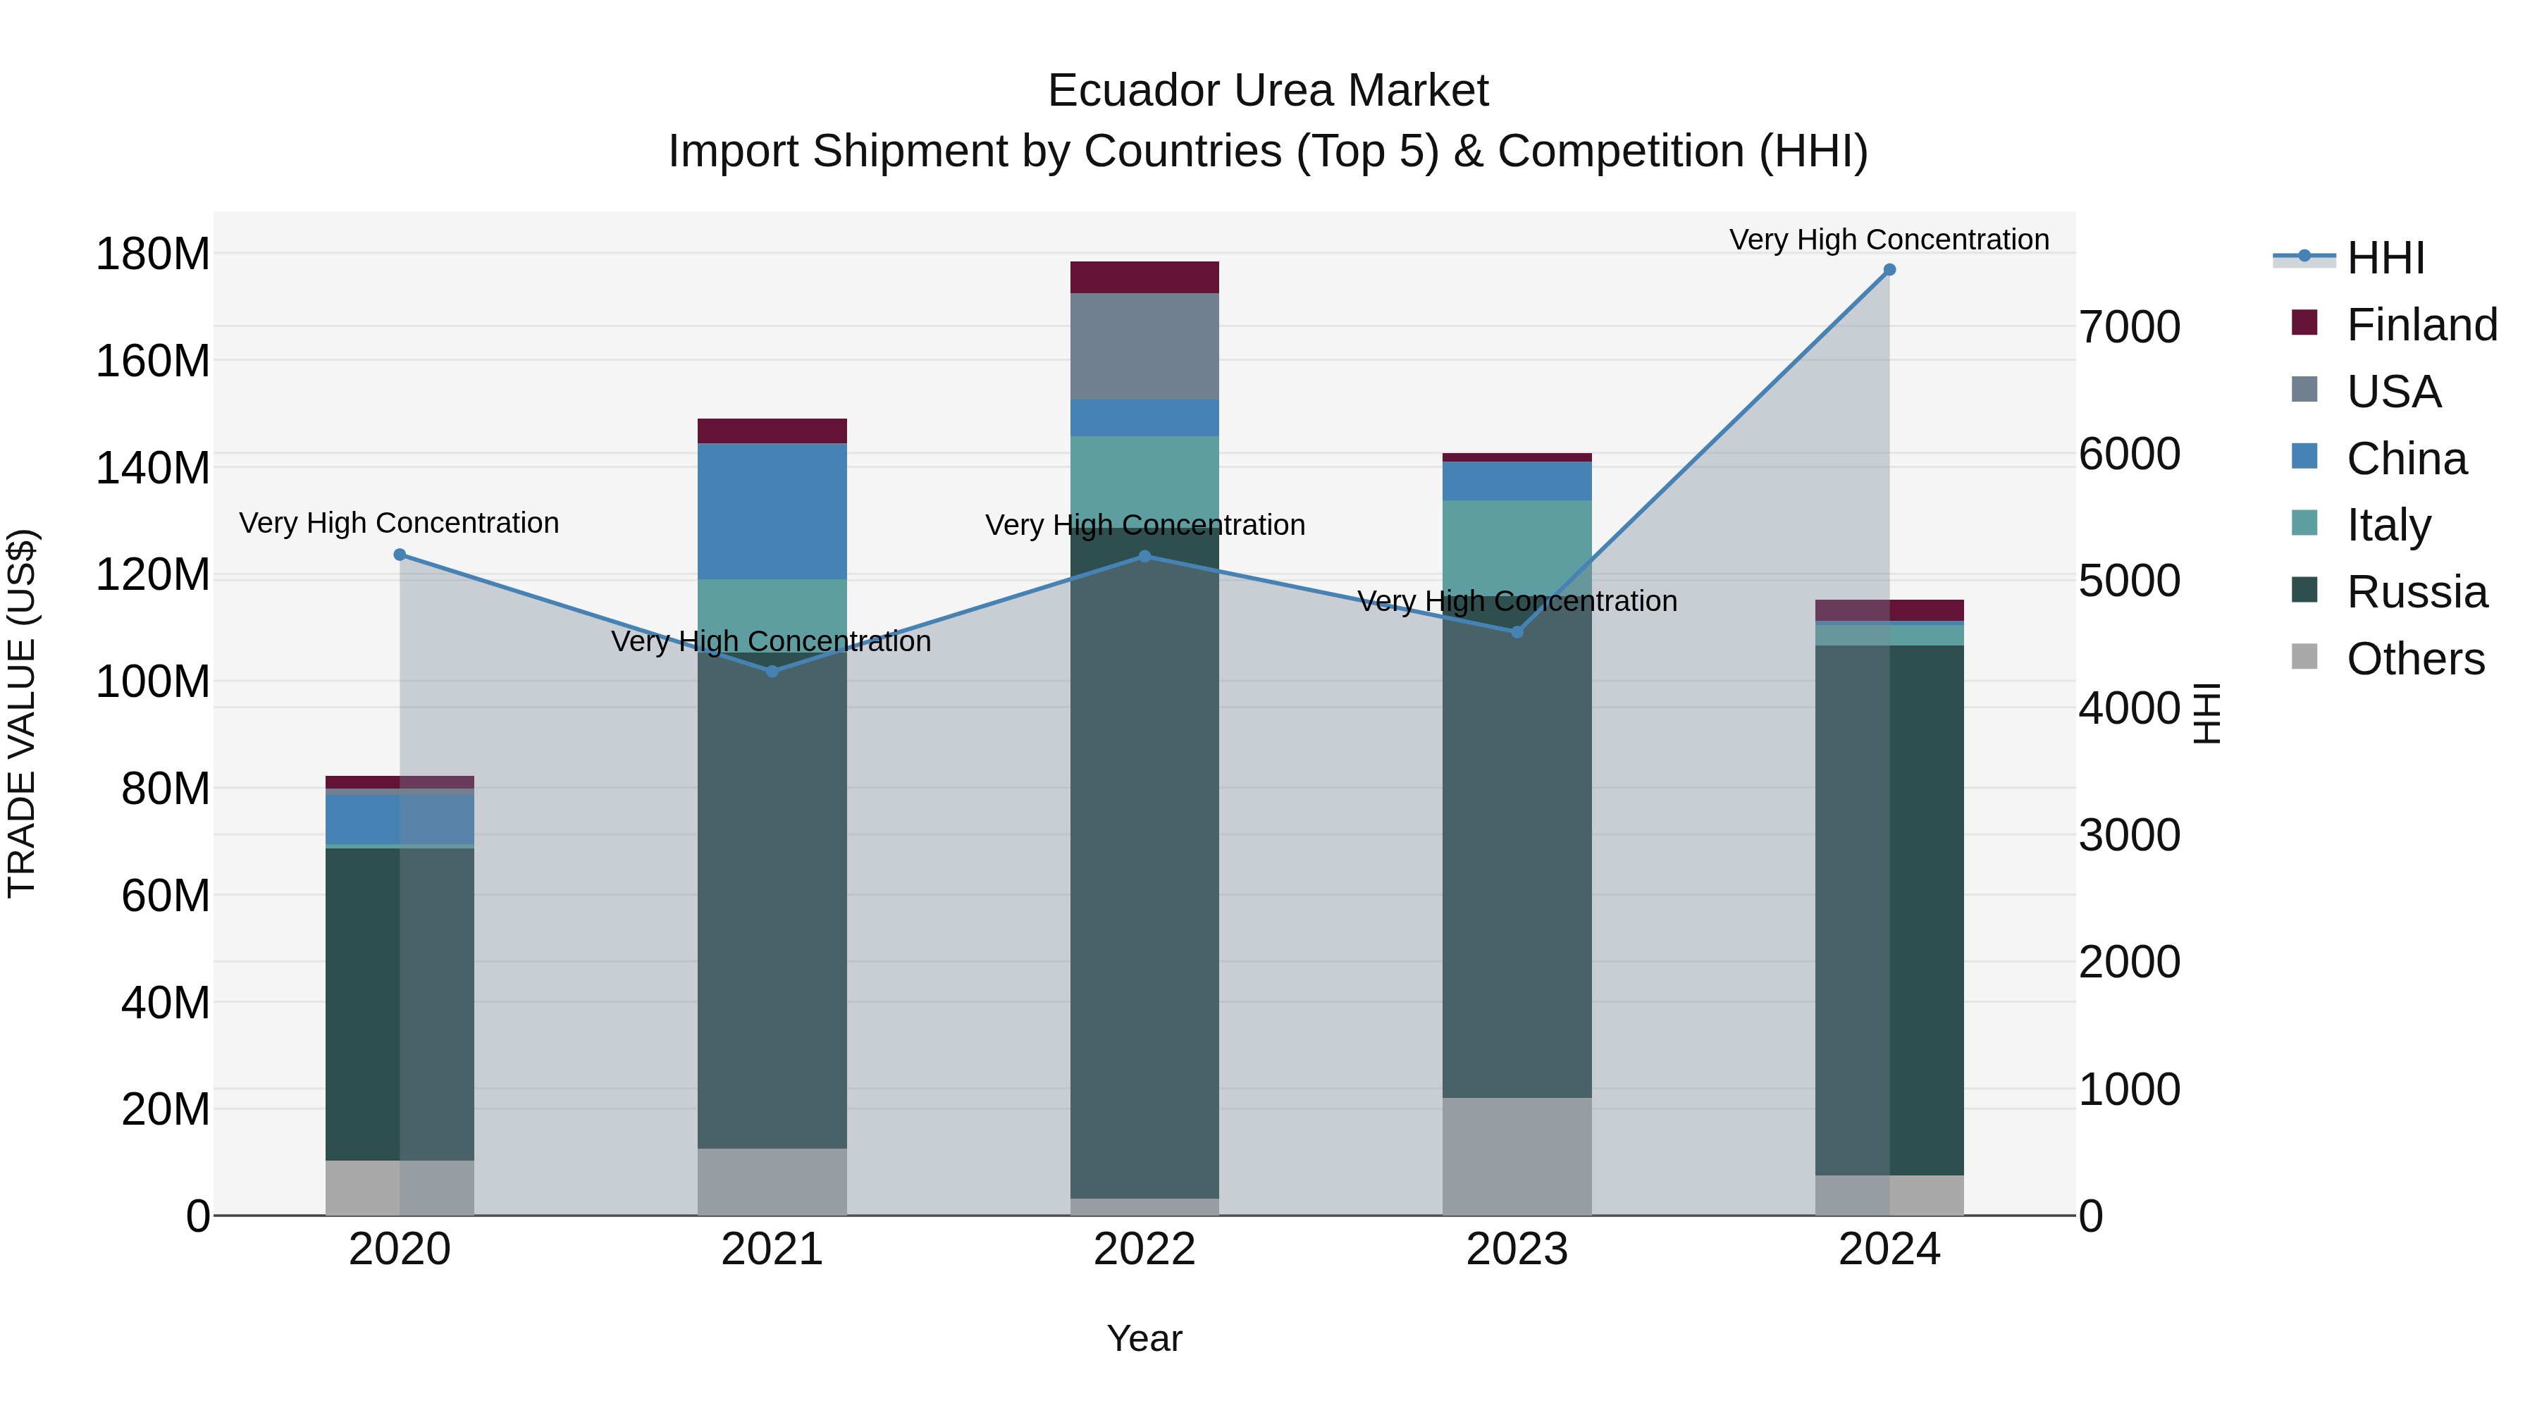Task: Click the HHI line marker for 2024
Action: [x=1889, y=270]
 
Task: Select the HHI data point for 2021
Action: [x=772, y=672]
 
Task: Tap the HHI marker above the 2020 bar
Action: [x=400, y=555]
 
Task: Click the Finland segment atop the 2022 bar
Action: [x=1144, y=277]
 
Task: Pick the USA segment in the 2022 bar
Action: [x=1144, y=346]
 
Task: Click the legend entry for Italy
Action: [x=2388, y=525]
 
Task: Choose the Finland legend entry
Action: [x=2421, y=324]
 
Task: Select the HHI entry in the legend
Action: [x=2384, y=258]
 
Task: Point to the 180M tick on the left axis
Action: [x=153, y=254]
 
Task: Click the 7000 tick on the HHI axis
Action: [x=2129, y=327]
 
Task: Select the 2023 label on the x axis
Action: [x=1517, y=1249]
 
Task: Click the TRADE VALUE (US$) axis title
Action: [x=22, y=713]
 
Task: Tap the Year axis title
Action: [x=1144, y=1338]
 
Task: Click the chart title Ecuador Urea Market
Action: [x=1268, y=91]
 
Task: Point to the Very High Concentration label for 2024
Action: [x=1889, y=240]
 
